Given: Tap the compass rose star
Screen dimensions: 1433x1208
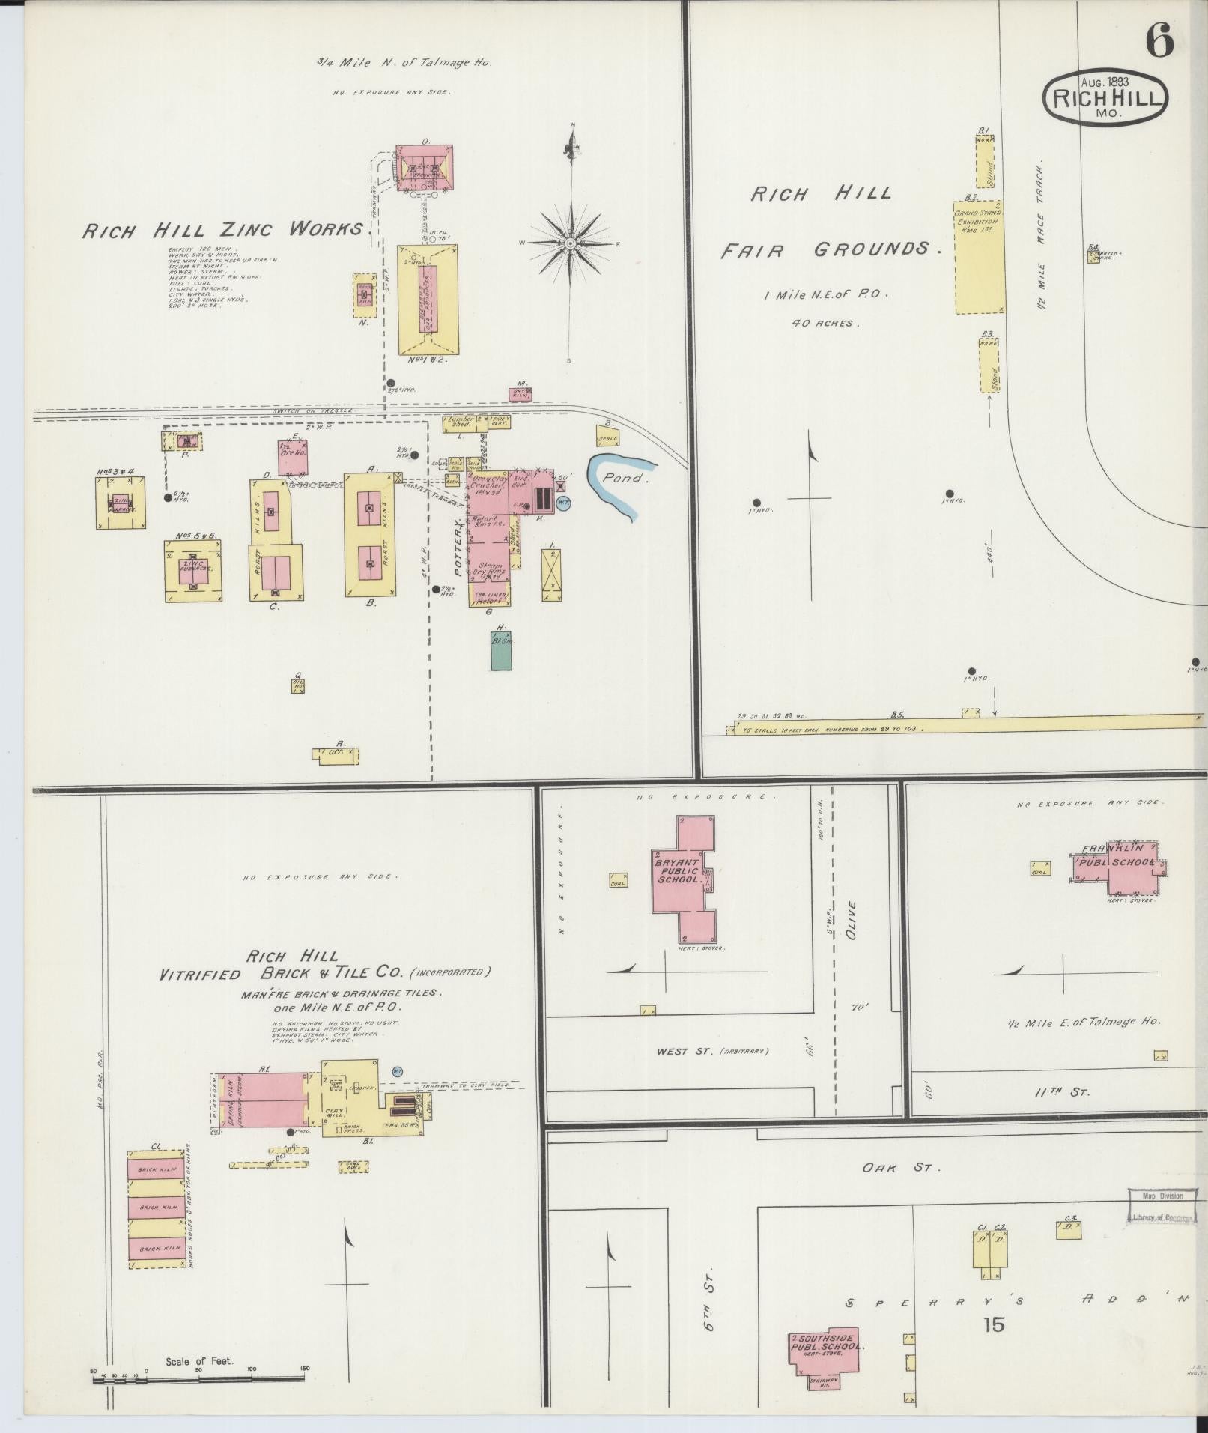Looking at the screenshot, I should pos(570,243).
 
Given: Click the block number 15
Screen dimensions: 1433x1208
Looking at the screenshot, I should pos(995,1325).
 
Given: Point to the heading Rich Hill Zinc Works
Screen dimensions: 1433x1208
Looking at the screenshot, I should pos(225,229).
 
